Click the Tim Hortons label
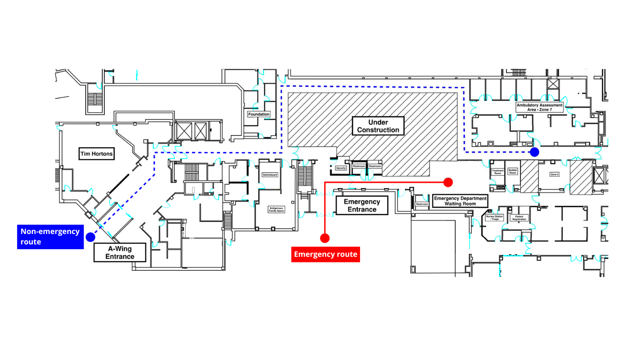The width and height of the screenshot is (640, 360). (x=96, y=154)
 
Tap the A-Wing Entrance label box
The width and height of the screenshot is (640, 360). (x=120, y=252)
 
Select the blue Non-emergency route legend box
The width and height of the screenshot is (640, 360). (x=50, y=237)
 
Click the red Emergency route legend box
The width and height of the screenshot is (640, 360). (x=326, y=254)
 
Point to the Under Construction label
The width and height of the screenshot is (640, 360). (x=378, y=126)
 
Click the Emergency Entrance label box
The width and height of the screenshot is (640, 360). (x=362, y=206)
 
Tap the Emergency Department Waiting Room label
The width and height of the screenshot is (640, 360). (x=460, y=201)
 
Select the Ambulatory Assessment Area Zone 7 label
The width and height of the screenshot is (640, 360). (x=539, y=107)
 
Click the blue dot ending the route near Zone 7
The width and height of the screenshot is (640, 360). (x=534, y=152)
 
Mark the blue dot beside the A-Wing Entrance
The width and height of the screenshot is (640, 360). (x=90, y=237)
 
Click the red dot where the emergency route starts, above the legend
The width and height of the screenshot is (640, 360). (x=325, y=238)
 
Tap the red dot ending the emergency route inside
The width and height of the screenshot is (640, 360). (x=448, y=182)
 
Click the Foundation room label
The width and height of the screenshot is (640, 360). (x=259, y=114)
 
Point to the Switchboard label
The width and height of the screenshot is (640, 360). (x=270, y=175)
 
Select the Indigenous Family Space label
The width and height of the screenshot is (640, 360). (x=276, y=209)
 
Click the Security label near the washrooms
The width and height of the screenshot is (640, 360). (x=341, y=168)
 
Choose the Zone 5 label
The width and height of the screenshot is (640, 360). (x=554, y=174)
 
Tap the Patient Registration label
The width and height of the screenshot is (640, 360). (x=519, y=218)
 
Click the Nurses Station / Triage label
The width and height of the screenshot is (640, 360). (x=494, y=218)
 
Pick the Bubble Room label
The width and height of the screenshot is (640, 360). (x=512, y=172)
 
